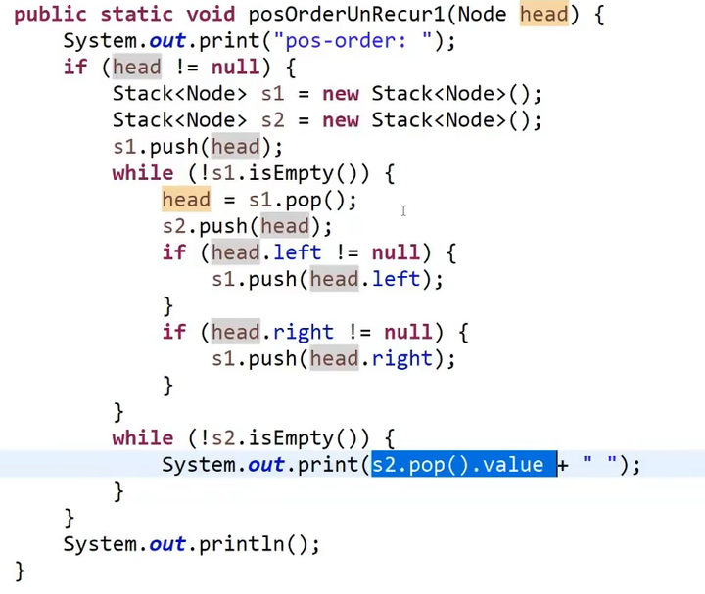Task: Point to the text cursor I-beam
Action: click(x=402, y=210)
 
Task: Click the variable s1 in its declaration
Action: click(x=272, y=94)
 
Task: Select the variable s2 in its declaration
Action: click(x=272, y=120)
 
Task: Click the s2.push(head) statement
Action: click(x=247, y=226)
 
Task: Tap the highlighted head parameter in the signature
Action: click(x=543, y=14)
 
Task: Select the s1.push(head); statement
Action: click(x=198, y=147)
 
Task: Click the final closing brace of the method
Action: click(x=20, y=570)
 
